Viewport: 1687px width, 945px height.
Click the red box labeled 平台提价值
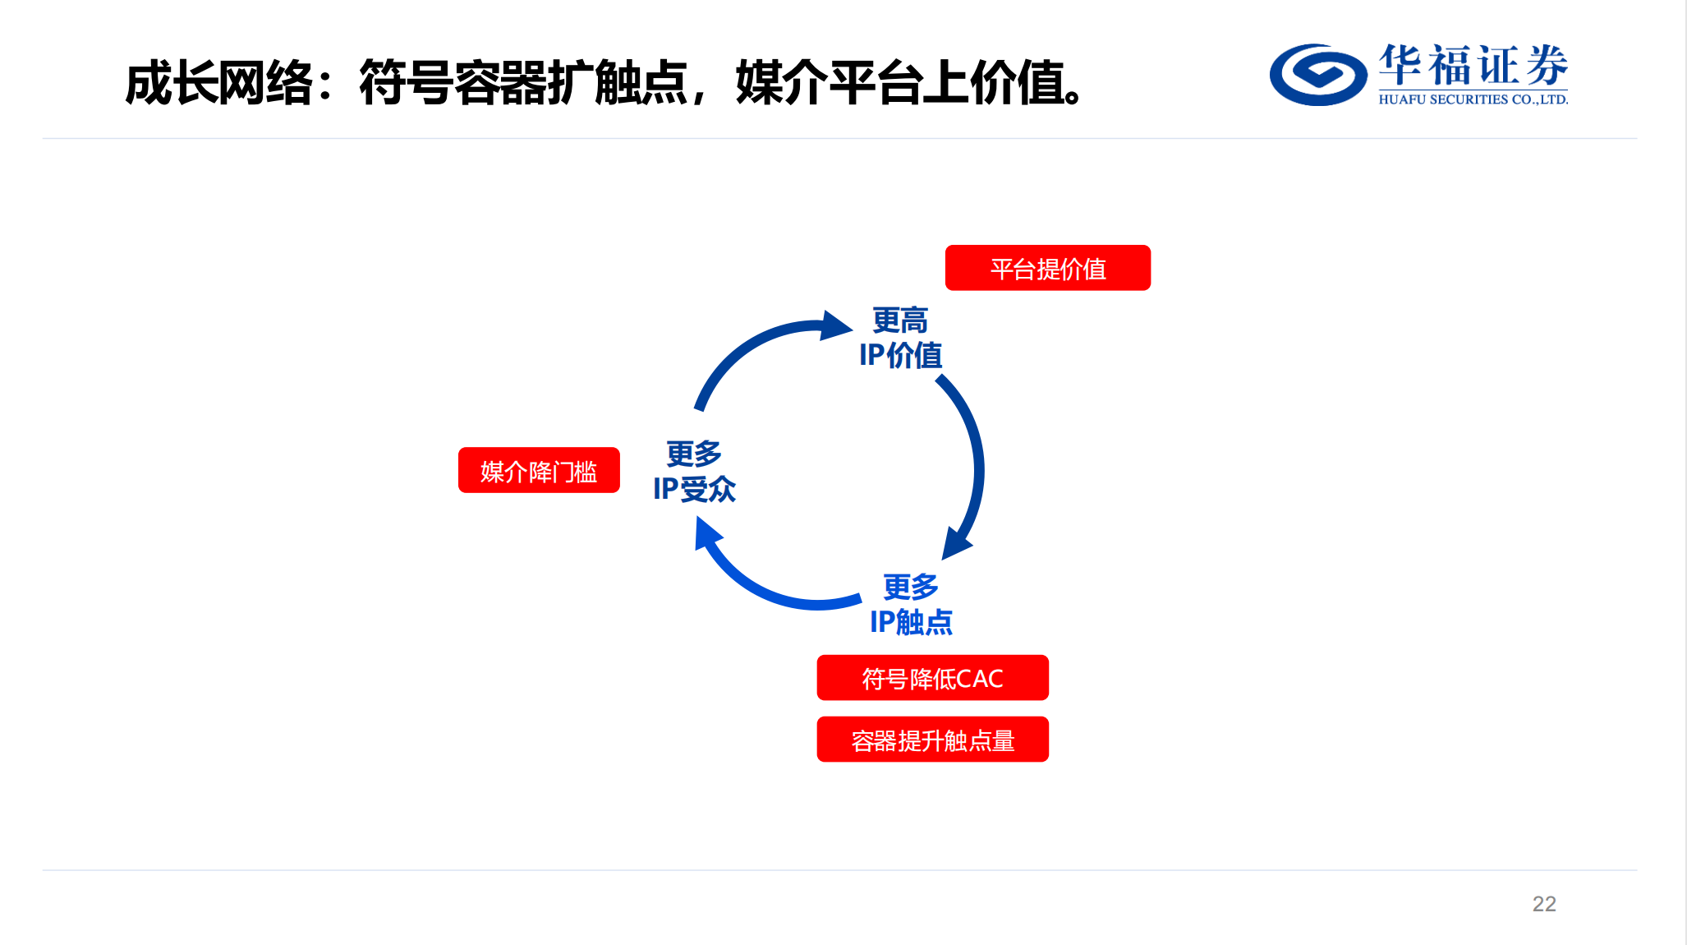click(x=1047, y=268)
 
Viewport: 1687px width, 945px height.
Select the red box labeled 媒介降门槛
click(x=539, y=470)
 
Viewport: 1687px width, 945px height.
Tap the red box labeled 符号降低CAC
click(x=932, y=678)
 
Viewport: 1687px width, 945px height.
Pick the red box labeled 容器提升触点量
click(x=932, y=740)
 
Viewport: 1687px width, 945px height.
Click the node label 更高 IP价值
click(x=900, y=338)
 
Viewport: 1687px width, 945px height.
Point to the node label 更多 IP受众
click(x=694, y=471)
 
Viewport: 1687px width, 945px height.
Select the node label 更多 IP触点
click(x=911, y=604)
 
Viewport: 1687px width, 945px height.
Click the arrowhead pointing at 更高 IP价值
click(x=836, y=325)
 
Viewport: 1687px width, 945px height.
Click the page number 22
click(x=1544, y=904)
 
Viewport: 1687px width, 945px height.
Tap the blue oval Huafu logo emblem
click(x=1318, y=75)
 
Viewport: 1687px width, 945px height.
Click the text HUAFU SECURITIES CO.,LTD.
click(x=1473, y=99)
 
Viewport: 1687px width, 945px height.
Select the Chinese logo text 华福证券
click(x=1473, y=65)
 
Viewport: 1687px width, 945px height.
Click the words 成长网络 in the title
click(x=219, y=83)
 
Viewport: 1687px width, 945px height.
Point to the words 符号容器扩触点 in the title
click(x=523, y=83)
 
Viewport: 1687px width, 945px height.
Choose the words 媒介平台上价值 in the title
click(x=900, y=83)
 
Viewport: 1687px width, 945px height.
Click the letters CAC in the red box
click(x=980, y=679)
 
